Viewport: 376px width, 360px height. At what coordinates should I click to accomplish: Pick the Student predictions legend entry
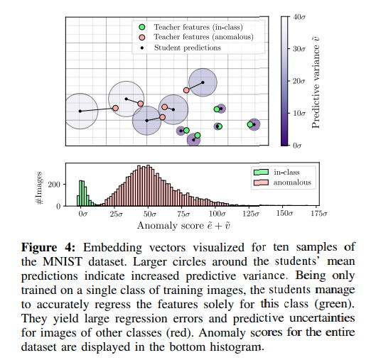pos(185,48)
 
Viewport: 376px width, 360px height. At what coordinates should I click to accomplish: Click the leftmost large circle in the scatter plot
pos(80,111)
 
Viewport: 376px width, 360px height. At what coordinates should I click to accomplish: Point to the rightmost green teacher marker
pos(250,124)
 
